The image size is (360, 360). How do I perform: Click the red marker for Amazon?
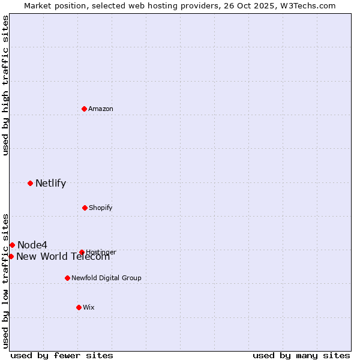click(x=85, y=109)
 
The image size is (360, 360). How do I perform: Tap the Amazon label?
click(x=101, y=109)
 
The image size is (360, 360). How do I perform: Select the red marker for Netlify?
click(x=30, y=183)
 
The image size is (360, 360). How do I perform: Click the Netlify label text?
click(x=50, y=184)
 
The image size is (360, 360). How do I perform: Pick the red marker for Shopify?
click(x=85, y=208)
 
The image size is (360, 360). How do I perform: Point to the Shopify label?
click(x=100, y=208)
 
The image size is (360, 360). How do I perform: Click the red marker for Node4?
click(x=12, y=245)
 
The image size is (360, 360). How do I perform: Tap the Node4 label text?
click(x=32, y=245)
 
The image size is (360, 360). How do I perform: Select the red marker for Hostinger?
click(x=82, y=252)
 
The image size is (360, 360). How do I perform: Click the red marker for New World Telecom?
click(x=11, y=256)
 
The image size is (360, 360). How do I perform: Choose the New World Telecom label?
click(x=63, y=257)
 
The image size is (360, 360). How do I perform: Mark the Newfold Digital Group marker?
click(x=67, y=278)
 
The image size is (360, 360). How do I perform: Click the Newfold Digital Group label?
click(x=106, y=278)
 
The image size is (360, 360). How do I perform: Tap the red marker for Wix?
click(x=79, y=307)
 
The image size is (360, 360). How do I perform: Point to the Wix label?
click(x=89, y=308)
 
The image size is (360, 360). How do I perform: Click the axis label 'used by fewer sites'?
click(x=62, y=355)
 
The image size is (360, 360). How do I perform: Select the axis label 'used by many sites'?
click(x=301, y=355)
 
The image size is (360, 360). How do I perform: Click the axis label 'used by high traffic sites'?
click(x=5, y=85)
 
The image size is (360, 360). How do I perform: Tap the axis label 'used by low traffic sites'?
click(x=5, y=281)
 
